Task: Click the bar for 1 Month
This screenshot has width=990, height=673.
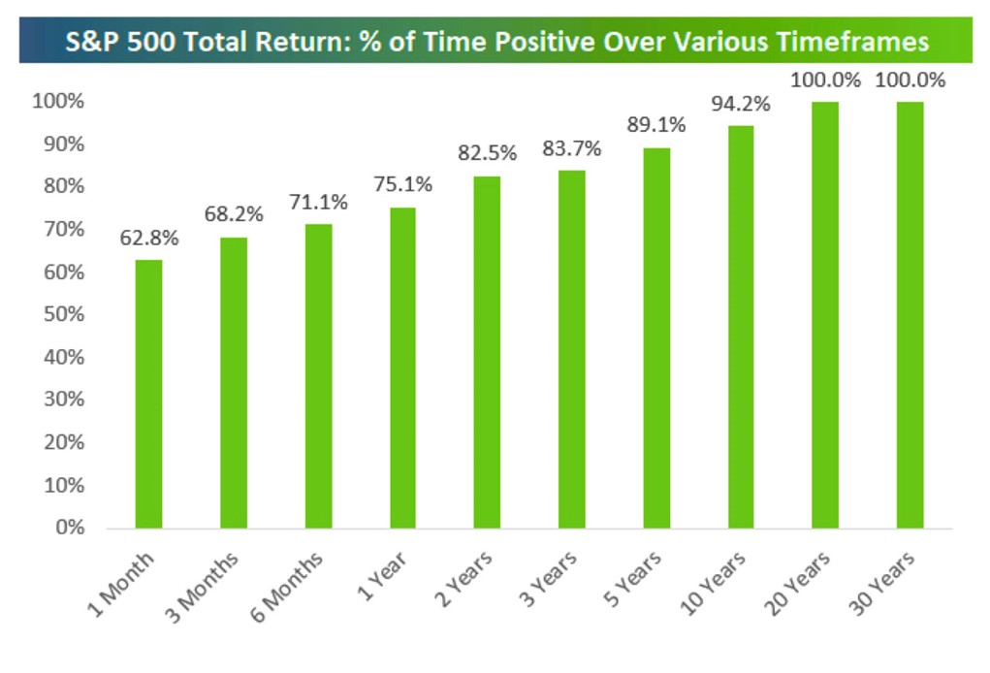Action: [148, 394]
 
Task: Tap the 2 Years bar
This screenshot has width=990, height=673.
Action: [487, 352]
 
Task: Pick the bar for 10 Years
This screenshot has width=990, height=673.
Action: [740, 327]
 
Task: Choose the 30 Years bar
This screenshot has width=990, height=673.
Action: [910, 315]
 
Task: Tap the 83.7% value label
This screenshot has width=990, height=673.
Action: [571, 148]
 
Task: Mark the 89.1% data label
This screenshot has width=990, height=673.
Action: [655, 125]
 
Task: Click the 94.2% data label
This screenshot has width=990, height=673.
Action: [740, 103]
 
